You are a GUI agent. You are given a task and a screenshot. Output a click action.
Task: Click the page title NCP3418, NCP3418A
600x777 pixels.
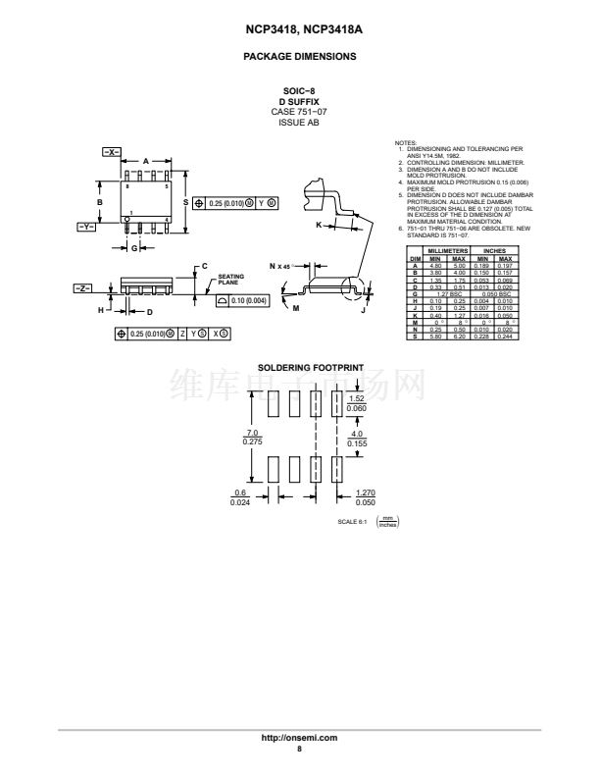pos(299,30)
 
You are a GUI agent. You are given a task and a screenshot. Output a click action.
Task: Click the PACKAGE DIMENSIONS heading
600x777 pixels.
pos(299,57)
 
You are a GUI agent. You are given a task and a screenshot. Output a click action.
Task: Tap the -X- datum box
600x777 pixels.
pos(111,151)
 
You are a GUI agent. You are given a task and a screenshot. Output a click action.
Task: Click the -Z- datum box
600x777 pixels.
pos(83,288)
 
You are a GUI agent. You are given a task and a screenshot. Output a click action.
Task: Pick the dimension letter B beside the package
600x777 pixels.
pos(99,202)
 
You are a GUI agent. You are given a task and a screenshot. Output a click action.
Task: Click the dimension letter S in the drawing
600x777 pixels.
pos(184,202)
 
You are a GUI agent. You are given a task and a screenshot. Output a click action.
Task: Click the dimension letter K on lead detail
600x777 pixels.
pos(319,225)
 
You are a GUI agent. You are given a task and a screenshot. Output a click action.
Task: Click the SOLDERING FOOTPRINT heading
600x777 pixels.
pos(299,368)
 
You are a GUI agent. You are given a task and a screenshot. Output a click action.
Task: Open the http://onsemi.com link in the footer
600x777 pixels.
pos(299,737)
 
